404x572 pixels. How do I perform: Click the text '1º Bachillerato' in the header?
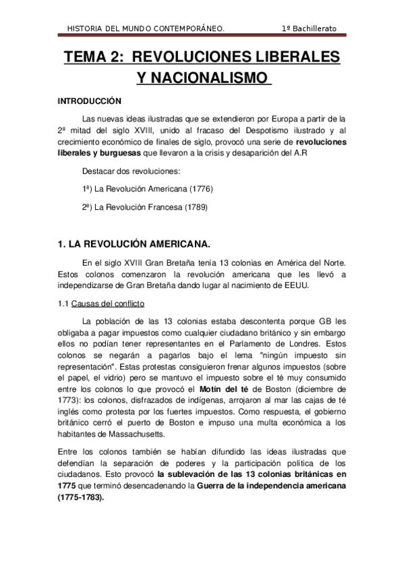[310, 28]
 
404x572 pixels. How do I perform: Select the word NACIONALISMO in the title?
[202, 79]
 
